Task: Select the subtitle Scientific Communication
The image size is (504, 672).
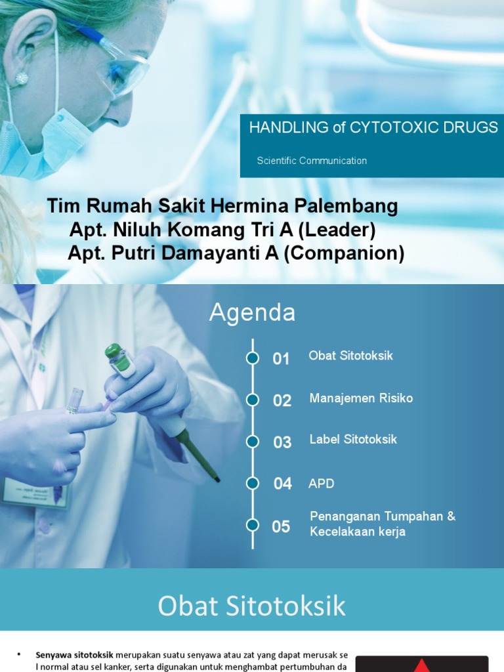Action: pos(312,161)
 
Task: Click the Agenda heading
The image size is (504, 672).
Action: pos(252,313)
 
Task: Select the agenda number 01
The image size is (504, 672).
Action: pos(281,359)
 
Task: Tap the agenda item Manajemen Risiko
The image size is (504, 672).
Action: pos(361,398)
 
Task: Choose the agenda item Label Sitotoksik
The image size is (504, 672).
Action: pos(353,440)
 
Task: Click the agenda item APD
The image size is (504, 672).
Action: pos(322,484)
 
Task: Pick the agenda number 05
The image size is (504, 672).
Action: pos(281,526)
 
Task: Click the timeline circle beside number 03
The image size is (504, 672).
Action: pos(253,442)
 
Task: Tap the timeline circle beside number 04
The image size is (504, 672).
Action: pos(253,484)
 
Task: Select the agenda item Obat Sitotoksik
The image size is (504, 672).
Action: pos(350,356)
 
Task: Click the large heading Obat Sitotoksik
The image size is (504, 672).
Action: pos(251,606)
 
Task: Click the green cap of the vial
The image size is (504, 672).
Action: pos(113,351)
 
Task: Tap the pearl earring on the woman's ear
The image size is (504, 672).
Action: pos(22,78)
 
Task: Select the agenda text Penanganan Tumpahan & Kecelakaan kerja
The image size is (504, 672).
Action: pos(382,524)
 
